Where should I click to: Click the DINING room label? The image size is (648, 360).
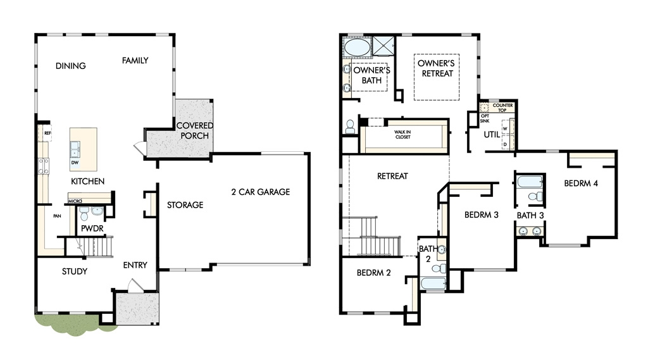tap(71, 66)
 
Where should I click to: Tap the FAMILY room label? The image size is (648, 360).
tap(135, 60)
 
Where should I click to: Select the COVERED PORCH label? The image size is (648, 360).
tap(195, 130)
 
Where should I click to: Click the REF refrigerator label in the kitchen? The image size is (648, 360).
tap(47, 133)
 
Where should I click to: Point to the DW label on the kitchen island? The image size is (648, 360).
tap(75, 163)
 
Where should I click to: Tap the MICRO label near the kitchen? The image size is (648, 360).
tap(75, 201)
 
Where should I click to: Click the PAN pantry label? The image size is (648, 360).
tap(57, 216)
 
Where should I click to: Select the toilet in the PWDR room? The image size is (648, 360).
tap(84, 214)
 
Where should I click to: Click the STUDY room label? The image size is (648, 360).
tap(75, 271)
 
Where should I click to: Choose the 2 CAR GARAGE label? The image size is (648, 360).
tap(260, 192)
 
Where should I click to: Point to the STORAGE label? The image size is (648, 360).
tap(185, 204)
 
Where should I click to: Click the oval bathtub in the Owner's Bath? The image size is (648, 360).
tap(357, 47)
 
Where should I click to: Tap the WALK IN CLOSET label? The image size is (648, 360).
tap(402, 134)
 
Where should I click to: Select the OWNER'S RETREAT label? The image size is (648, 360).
tap(437, 68)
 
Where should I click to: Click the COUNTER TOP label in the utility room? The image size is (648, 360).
tap(502, 108)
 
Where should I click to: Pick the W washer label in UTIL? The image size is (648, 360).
tap(504, 128)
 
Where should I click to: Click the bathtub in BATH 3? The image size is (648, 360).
tap(530, 182)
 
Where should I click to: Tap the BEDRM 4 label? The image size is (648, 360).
tap(581, 183)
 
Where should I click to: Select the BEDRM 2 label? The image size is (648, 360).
tap(373, 273)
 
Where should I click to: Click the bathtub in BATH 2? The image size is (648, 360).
tap(433, 283)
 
